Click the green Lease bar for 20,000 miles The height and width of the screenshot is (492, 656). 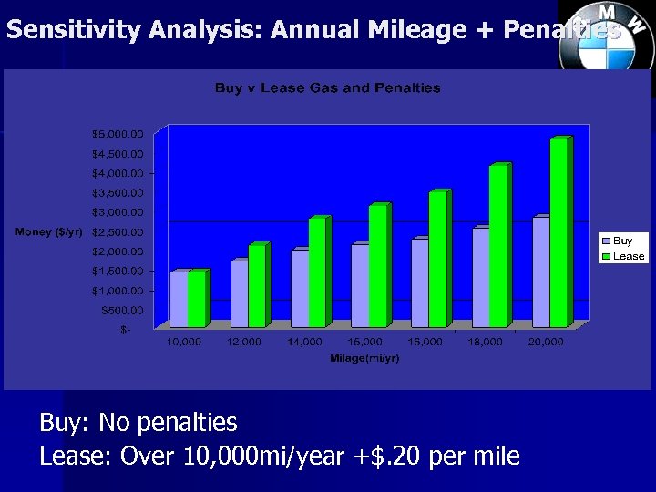coord(558,233)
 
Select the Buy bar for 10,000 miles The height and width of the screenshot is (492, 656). coord(179,299)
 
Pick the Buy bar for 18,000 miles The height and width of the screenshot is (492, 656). coord(480,277)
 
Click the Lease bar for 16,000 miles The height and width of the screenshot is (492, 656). coord(437,260)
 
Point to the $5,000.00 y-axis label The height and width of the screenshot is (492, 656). coord(118,134)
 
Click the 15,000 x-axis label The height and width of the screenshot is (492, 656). coord(364,343)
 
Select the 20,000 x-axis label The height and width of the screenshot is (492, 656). coord(546,343)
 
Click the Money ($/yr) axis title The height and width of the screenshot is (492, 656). coord(48,232)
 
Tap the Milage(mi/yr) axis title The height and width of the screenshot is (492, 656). coord(364,358)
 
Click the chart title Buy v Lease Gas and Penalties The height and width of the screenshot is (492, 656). coord(327,88)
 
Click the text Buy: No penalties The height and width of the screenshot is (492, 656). coord(138,423)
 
